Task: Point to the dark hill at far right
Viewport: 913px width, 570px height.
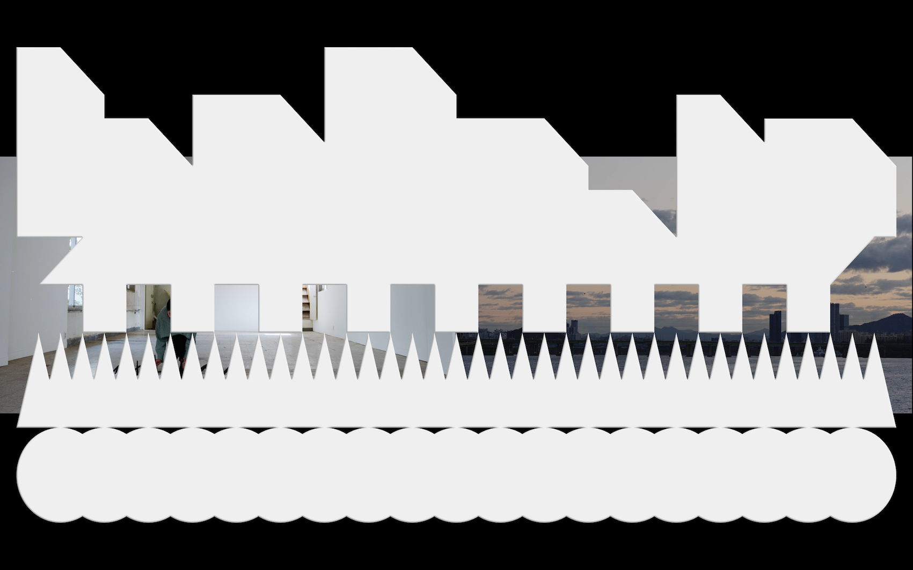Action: point(888,322)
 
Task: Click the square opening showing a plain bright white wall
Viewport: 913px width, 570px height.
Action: point(236,307)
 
